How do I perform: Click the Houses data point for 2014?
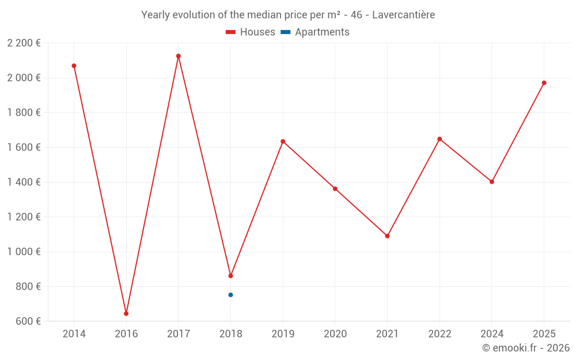point(74,66)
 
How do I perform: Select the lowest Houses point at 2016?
point(126,313)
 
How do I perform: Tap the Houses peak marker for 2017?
point(179,56)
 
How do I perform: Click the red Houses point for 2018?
point(230,276)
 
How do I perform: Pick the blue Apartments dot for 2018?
point(230,295)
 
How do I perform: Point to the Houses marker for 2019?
point(283,141)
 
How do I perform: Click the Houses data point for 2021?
point(387,236)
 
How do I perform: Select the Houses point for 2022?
point(439,139)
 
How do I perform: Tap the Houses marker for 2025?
point(544,83)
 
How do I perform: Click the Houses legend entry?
point(251,32)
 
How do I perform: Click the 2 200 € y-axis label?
point(24,43)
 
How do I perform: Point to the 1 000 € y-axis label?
point(24,252)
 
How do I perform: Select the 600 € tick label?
point(27,321)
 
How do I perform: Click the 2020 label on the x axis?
point(335,334)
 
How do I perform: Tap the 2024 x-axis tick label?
point(491,334)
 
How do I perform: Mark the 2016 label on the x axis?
point(126,334)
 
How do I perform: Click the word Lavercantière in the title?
point(403,14)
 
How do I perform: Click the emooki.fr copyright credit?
point(526,348)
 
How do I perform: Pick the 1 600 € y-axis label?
point(24,147)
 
